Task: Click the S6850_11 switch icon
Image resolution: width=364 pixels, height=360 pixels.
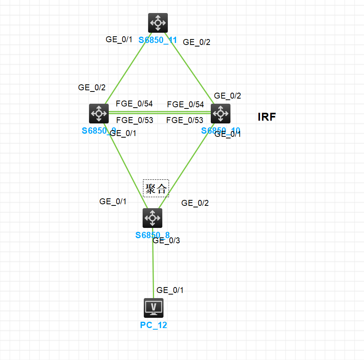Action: click(158, 23)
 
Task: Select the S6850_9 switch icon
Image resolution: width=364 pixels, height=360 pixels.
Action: click(99, 114)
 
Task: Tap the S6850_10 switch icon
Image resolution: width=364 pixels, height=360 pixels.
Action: click(221, 114)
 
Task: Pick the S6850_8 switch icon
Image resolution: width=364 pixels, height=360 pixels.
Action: click(152, 218)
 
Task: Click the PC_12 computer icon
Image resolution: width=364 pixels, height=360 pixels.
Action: click(154, 308)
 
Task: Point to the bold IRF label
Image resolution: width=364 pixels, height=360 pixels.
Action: click(267, 117)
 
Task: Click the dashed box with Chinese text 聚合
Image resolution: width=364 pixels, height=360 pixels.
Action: click(156, 188)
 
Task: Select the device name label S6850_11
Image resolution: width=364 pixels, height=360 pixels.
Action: click(158, 40)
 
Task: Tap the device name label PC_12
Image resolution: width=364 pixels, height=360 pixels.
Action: click(154, 325)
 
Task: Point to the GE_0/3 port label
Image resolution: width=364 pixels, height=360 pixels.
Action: click(166, 241)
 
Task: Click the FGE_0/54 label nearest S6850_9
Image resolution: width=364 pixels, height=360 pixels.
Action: click(134, 104)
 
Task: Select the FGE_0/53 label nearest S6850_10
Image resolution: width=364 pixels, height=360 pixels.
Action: click(185, 120)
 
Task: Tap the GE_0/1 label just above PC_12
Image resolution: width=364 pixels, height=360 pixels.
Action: click(170, 290)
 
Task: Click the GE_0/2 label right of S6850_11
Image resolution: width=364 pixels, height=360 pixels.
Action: click(197, 42)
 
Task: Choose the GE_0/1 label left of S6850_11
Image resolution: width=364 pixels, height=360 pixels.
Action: click(119, 39)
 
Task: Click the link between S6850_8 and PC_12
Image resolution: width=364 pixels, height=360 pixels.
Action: click(153, 268)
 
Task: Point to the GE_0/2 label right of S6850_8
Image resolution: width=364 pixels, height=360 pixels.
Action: click(195, 203)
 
